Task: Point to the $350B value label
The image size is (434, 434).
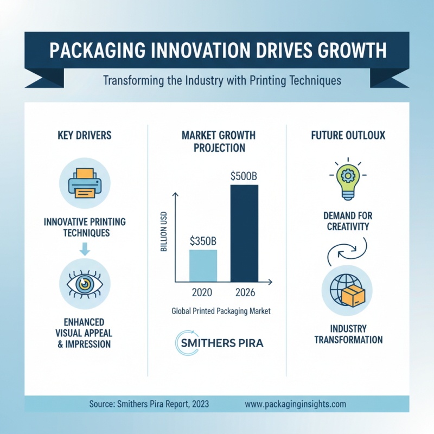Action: pyautogui.click(x=203, y=240)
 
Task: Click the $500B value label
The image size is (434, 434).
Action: pyautogui.click(x=244, y=176)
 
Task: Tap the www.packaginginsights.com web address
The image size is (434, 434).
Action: pyautogui.click(x=295, y=404)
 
